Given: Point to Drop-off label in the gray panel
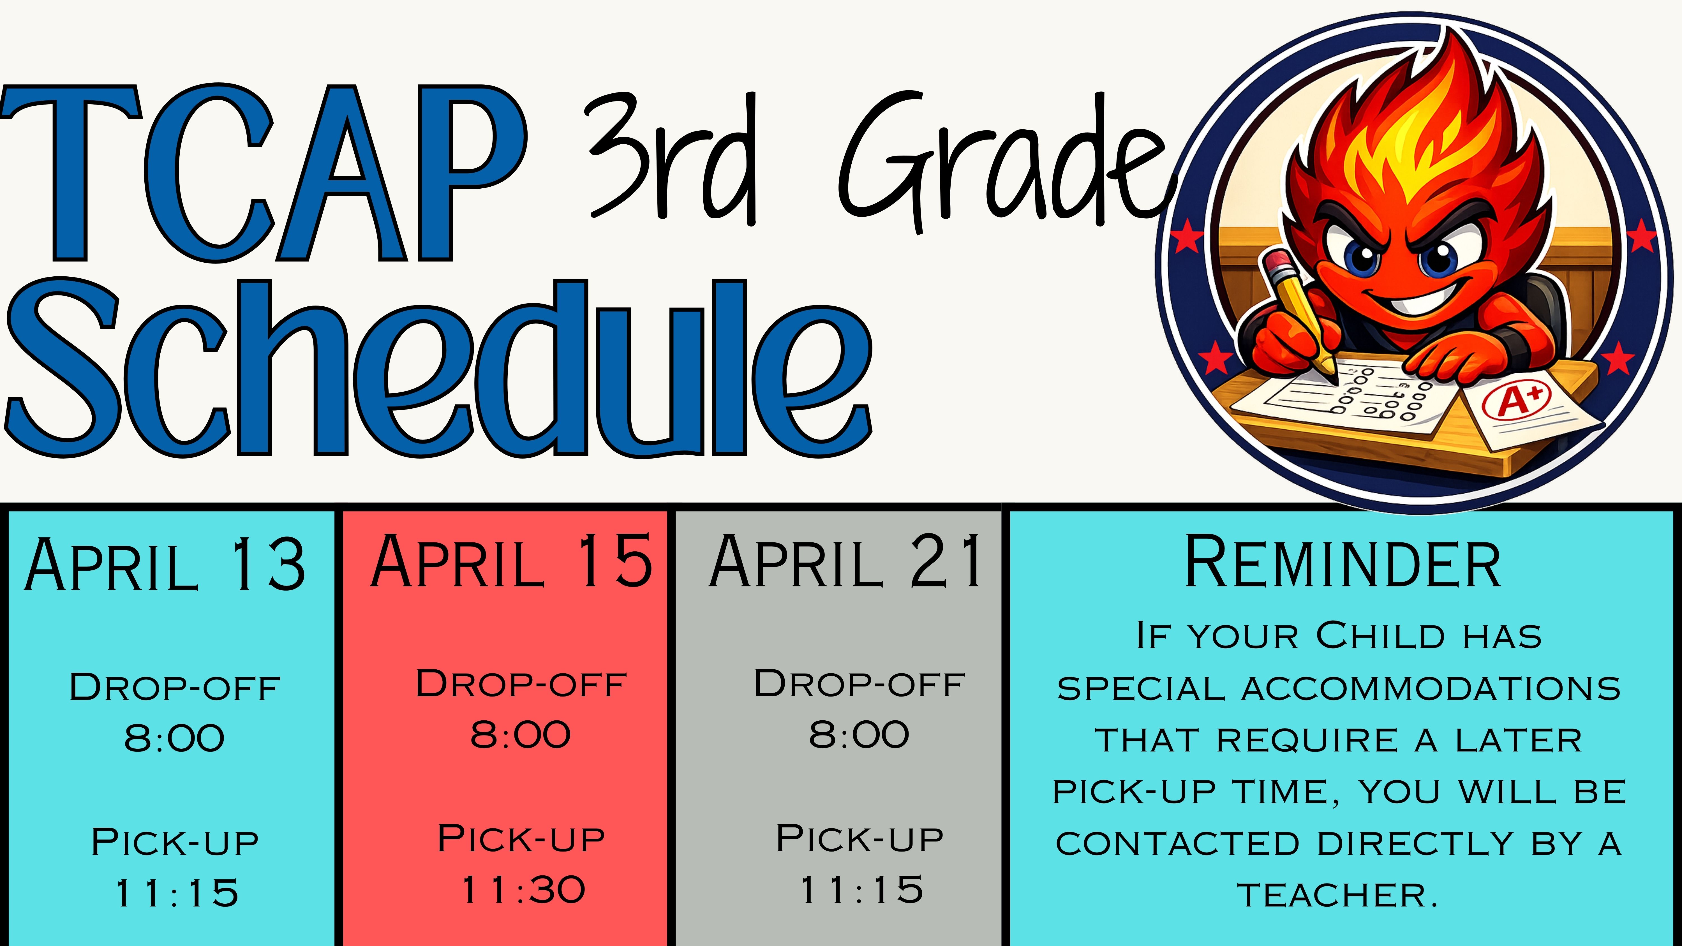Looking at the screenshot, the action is [859, 684].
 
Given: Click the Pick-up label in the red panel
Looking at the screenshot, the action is [521, 839].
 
